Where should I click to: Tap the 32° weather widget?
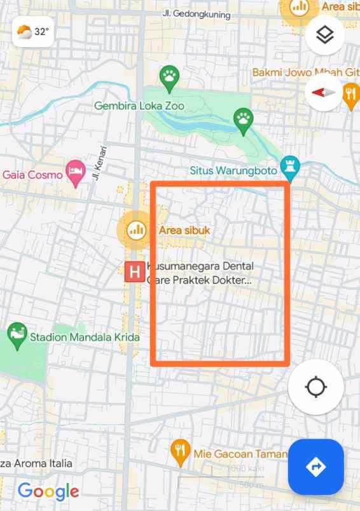pos(32,31)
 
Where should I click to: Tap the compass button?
pos(324,92)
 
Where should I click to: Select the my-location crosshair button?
pos(315,387)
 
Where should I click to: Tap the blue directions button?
pos(315,467)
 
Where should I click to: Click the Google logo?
pos(48,491)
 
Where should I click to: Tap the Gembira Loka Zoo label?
pos(139,106)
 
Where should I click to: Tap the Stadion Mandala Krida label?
pos(85,337)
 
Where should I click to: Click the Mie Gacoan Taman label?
pos(240,454)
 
